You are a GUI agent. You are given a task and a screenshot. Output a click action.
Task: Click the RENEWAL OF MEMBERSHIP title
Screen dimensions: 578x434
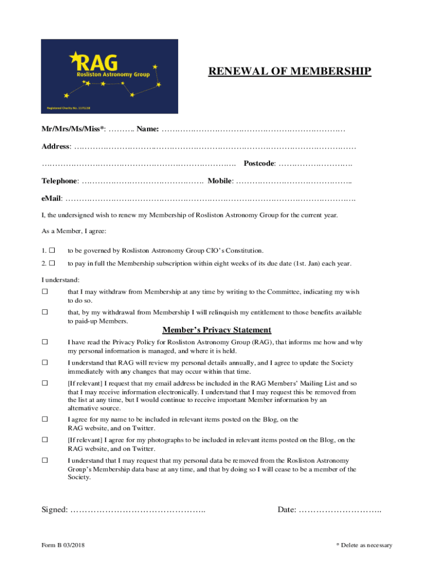[290, 71]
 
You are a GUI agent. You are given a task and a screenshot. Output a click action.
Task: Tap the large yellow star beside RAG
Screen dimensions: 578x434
[74, 57]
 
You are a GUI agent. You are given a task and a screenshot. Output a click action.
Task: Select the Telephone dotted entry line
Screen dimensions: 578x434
[142, 181]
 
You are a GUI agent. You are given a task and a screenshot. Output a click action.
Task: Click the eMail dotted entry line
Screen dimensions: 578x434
[210, 199]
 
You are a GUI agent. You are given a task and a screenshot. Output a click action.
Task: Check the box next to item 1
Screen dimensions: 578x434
[52, 250]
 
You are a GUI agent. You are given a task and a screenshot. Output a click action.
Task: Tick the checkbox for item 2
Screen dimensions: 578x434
[52, 263]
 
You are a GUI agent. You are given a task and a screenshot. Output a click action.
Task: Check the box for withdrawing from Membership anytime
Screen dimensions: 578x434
[45, 292]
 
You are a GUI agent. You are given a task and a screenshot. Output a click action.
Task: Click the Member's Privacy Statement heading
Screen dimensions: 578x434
[216, 330]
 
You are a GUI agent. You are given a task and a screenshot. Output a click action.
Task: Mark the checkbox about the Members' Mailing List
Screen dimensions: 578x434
[45, 383]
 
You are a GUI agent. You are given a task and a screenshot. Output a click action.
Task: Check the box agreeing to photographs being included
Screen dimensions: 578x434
[45, 440]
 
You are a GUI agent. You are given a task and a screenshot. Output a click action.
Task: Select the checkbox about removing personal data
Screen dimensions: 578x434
[45, 461]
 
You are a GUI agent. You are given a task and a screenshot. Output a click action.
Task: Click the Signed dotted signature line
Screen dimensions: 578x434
[138, 510]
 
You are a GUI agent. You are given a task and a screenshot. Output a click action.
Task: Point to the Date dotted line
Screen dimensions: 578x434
[340, 510]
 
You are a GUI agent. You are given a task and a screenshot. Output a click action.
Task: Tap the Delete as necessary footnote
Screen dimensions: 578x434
[364, 545]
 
